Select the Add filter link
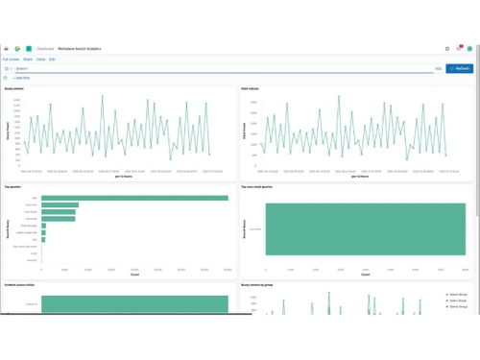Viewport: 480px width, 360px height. (21, 78)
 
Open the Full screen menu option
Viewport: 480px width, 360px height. (11, 59)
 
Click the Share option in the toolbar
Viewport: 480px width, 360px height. (29, 59)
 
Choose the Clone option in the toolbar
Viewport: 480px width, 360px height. (41, 59)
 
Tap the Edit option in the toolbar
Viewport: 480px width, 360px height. (52, 59)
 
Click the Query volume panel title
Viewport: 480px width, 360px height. (14, 87)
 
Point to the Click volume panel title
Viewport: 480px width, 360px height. (251, 87)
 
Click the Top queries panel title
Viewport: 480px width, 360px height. (13, 187)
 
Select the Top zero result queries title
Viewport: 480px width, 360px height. (259, 187)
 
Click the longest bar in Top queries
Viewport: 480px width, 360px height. (134, 198)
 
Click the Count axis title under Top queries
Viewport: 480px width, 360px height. (134, 276)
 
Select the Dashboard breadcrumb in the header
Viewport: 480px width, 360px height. (46, 47)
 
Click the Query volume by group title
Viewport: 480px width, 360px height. (259, 286)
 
